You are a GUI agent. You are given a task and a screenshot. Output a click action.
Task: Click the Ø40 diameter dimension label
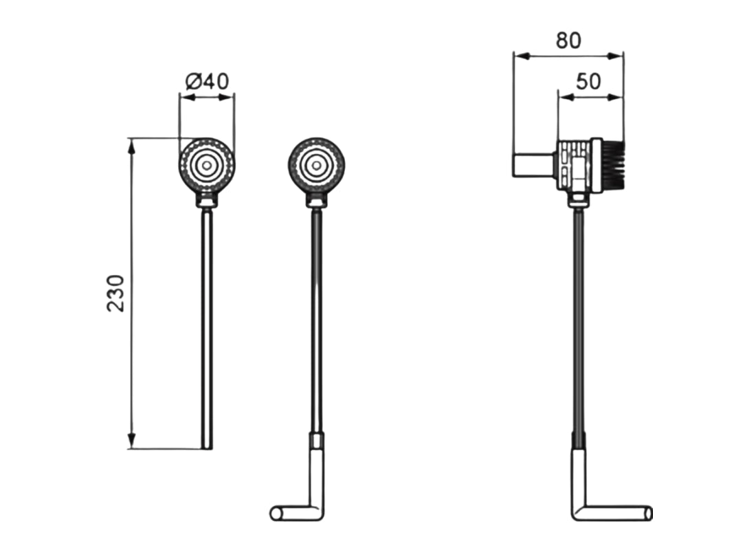point(207,81)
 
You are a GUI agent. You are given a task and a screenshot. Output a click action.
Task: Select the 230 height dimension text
point(116,294)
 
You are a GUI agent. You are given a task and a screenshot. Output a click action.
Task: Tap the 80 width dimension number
point(568,41)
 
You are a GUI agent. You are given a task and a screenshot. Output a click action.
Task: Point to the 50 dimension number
point(588,82)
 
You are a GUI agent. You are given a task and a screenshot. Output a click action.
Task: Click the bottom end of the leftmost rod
point(207,446)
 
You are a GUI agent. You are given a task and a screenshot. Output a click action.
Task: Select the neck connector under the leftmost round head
point(206,201)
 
